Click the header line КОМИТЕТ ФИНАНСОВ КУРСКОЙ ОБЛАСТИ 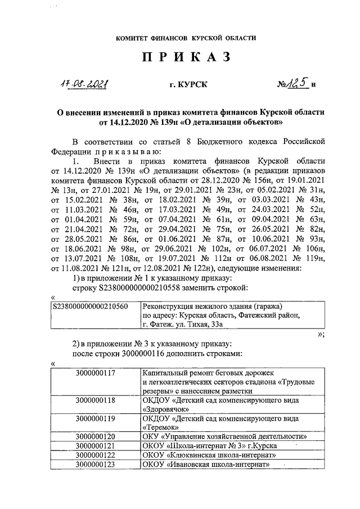tap(186, 38)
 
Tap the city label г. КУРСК tap(188, 84)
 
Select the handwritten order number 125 tap(297, 83)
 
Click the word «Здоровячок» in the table tap(165, 409)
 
